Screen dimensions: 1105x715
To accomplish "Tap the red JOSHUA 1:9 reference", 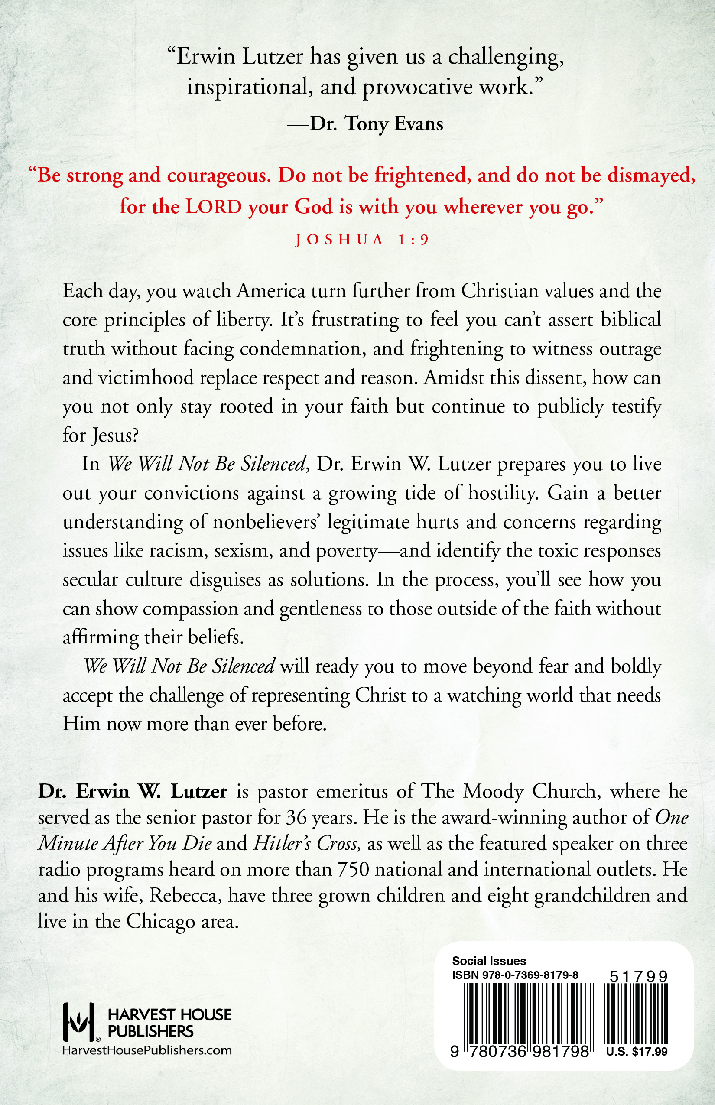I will (362, 240).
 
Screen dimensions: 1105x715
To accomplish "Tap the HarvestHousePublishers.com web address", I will (147, 1051).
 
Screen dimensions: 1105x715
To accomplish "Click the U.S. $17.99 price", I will (637, 1052).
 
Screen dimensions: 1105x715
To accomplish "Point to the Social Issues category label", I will (489, 961).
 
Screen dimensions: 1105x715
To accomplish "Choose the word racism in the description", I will (176, 551).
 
